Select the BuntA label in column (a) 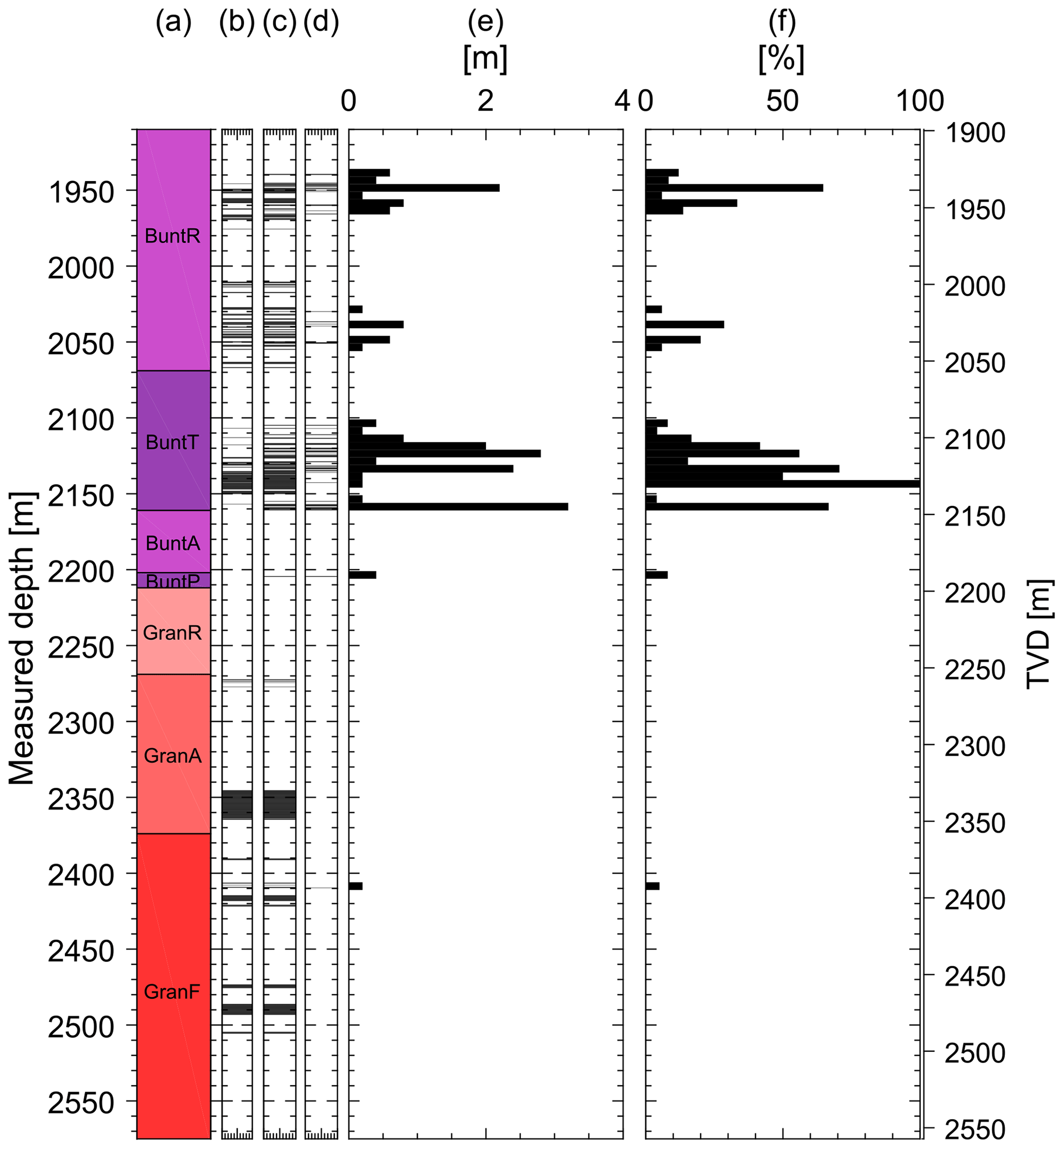pos(173,543)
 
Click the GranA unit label pos(173,755)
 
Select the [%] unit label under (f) pos(781,59)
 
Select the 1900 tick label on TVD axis pos(975,133)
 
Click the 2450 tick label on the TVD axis pos(975,977)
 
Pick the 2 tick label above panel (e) pos(485,101)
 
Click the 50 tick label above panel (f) pos(782,101)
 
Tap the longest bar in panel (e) pos(458,506)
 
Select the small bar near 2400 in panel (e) pos(355,886)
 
